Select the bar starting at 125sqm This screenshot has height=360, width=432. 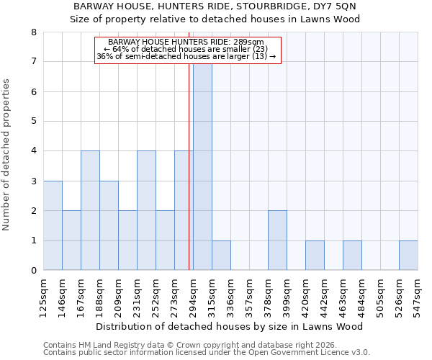(53, 225)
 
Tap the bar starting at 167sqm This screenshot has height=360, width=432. (90, 210)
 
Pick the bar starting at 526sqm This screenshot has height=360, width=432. (408, 256)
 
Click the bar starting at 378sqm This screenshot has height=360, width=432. (277, 240)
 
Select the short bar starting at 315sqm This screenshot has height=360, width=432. (221, 256)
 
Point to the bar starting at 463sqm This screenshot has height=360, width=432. (352, 256)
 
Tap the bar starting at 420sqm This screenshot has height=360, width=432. (315, 256)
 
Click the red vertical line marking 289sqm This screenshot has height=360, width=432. (189, 180)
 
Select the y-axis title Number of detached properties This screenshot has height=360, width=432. (7, 155)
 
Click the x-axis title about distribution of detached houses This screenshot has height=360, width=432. (229, 326)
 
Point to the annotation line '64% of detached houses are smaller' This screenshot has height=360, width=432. (186, 49)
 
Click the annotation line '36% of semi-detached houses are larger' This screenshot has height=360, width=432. (186, 56)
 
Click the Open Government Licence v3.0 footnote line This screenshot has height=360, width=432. (206, 353)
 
